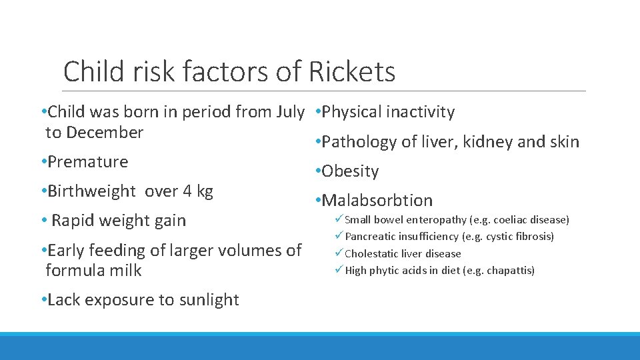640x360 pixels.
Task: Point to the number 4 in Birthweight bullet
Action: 188,191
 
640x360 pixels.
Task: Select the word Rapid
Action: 75,221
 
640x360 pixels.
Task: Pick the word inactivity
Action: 418,112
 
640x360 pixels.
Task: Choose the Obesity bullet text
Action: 350,171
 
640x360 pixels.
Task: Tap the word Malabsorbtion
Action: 377,200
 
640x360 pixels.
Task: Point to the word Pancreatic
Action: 368,237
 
